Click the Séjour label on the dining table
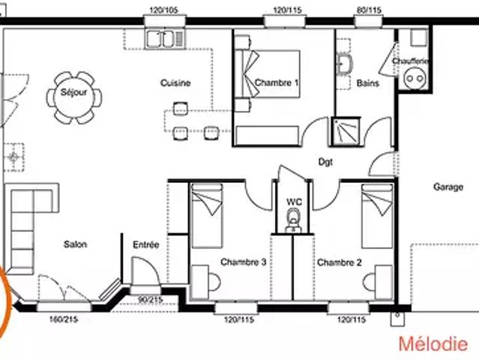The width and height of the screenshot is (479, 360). coord(73,92)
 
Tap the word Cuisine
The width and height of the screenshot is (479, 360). coord(175,82)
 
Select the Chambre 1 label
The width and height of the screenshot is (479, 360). coord(277,82)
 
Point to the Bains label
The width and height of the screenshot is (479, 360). coord(368,83)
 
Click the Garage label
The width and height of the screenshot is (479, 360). coord(448,187)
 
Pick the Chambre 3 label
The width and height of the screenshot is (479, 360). coord(243,262)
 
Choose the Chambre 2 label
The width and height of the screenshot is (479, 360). coord(339,262)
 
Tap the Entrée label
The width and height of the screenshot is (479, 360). coord(146,244)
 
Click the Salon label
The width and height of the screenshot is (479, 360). coord(75,244)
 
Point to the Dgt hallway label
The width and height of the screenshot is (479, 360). coord(325,162)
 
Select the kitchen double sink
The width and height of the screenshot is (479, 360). coord(165,39)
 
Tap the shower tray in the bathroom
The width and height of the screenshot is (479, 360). coord(346,131)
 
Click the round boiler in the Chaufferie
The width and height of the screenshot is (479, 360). coord(415,79)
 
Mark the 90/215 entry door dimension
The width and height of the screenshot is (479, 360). coord(150,300)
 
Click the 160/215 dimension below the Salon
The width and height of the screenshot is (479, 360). coord(64,319)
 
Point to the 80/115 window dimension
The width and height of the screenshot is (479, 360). coord(369,10)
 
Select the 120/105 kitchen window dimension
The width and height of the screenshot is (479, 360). coord(163,10)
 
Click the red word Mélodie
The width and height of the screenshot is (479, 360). coord(433,343)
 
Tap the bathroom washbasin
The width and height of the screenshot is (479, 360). coord(345,64)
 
